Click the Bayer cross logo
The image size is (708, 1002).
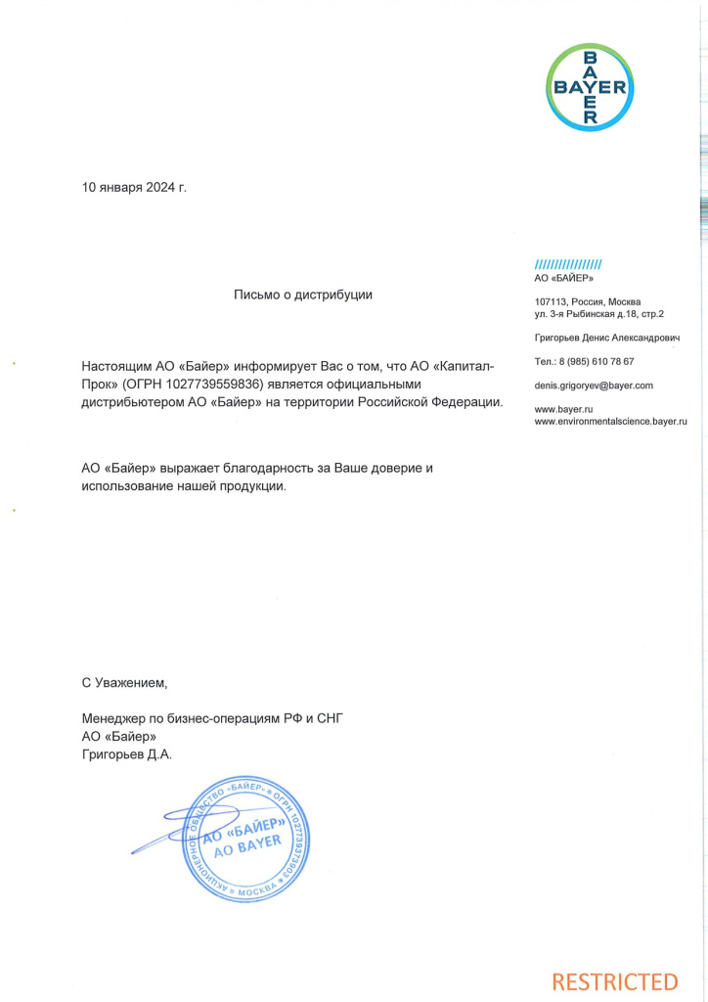tap(591, 87)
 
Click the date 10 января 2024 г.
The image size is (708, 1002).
tap(134, 187)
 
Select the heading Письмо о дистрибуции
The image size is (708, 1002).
tap(303, 294)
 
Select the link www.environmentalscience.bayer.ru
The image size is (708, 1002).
tap(610, 421)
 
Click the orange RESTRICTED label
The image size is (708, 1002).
tap(614, 980)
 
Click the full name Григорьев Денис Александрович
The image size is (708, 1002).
tap(606, 338)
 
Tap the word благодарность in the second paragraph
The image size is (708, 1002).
tap(240, 468)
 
